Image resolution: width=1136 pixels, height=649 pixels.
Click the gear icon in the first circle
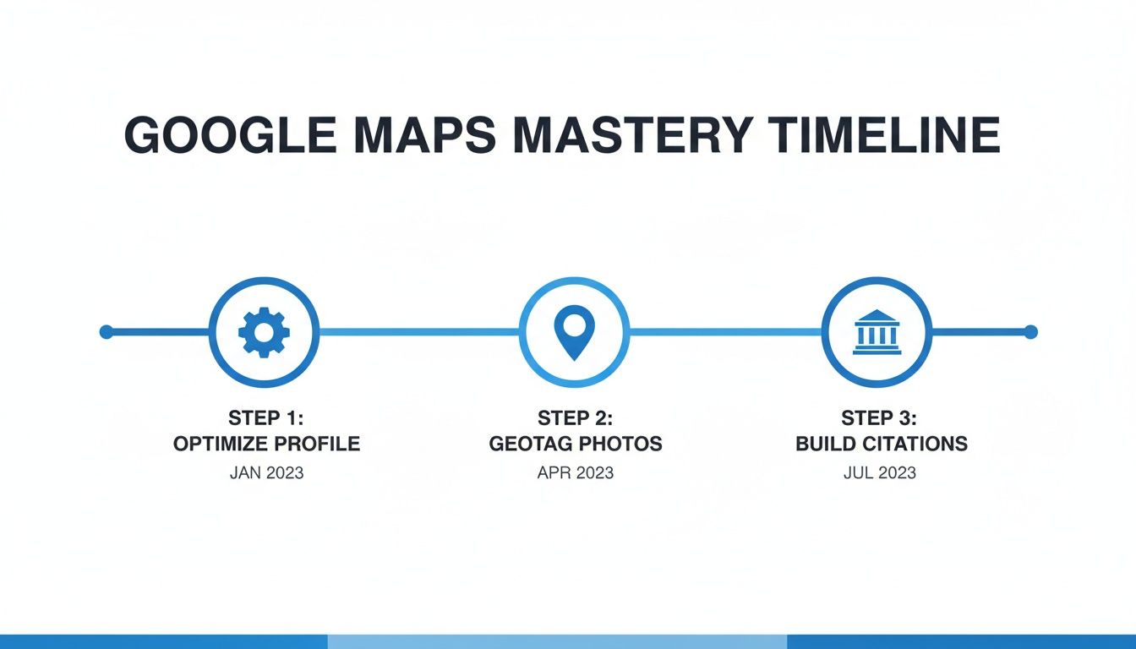pyautogui.click(x=264, y=332)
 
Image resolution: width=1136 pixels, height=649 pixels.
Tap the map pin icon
pyautogui.click(x=574, y=331)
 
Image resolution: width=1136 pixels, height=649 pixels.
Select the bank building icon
pyautogui.click(x=877, y=332)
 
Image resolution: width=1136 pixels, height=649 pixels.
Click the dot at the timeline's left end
pyautogui.click(x=106, y=332)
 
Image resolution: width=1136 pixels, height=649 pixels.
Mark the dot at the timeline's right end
pyautogui.click(x=1030, y=332)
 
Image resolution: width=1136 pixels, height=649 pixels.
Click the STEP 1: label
pyautogui.click(x=266, y=418)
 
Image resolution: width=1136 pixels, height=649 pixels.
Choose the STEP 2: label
pyautogui.click(x=575, y=418)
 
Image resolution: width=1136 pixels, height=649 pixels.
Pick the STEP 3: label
pyautogui.click(x=879, y=418)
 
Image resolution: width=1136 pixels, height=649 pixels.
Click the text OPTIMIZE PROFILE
pyautogui.click(x=266, y=444)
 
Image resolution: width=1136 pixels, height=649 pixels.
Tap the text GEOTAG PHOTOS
pyautogui.click(x=575, y=444)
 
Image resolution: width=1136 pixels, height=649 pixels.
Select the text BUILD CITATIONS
pyautogui.click(x=881, y=444)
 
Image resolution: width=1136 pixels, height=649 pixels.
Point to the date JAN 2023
pyautogui.click(x=266, y=472)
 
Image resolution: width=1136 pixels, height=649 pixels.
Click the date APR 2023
pyautogui.click(x=575, y=472)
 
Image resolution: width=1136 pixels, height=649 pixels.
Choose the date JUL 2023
pyautogui.click(x=879, y=472)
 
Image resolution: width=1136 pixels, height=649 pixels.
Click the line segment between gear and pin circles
pyautogui.click(x=418, y=332)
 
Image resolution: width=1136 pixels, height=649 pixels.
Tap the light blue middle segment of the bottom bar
pyautogui.click(x=557, y=641)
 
